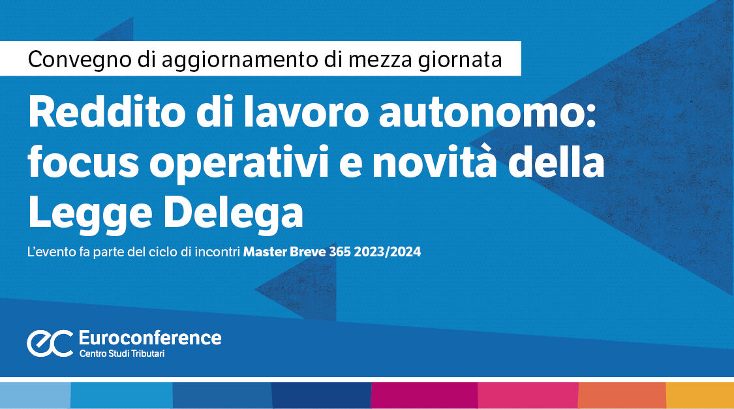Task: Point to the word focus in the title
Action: click(84, 162)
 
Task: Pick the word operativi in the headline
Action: click(239, 163)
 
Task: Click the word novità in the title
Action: click(434, 162)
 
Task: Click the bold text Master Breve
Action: click(284, 252)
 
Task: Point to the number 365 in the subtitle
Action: click(340, 252)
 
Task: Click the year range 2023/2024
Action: click(388, 252)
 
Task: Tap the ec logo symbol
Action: click(50, 343)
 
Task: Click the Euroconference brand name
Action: click(150, 338)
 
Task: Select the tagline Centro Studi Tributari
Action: click(122, 354)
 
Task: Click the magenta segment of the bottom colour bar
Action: click(424, 395)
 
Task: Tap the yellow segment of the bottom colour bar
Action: click(700, 395)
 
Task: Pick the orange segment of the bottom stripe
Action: click(622, 395)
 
